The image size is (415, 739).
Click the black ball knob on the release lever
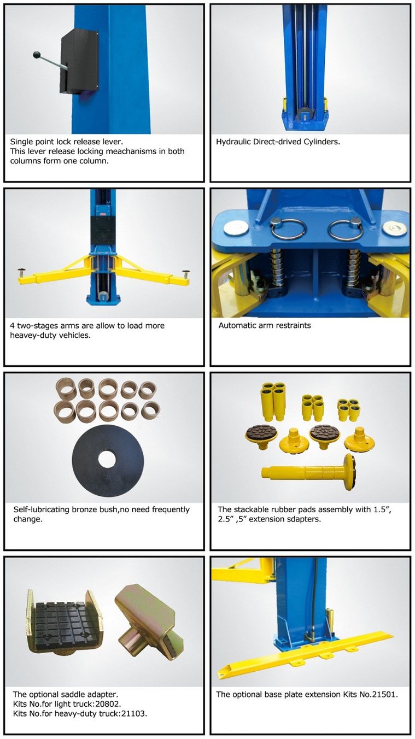pos(37,55)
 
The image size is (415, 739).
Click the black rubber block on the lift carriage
pos(103,231)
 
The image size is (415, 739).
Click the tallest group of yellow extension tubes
pos(273,402)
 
